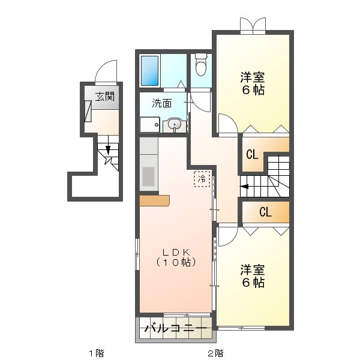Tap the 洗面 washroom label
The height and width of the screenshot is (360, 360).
pos(161,103)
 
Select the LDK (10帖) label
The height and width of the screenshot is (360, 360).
pos(175,257)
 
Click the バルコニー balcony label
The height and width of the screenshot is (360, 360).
pos(177,329)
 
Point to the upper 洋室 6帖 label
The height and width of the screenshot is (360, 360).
pos(253,83)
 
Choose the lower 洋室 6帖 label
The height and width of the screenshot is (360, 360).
pos(253,275)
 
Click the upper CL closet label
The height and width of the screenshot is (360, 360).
pos(252,154)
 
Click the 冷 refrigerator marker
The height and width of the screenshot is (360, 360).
pos(202,178)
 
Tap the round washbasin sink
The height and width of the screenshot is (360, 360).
pos(174,125)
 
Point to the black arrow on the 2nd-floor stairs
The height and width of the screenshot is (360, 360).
pos(245,186)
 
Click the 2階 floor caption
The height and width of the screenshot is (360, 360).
pos(215,352)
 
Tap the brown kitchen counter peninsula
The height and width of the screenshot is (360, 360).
pos(155,201)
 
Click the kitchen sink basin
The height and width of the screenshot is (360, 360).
pos(148,176)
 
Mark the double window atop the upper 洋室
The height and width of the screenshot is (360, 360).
pos(253,25)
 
